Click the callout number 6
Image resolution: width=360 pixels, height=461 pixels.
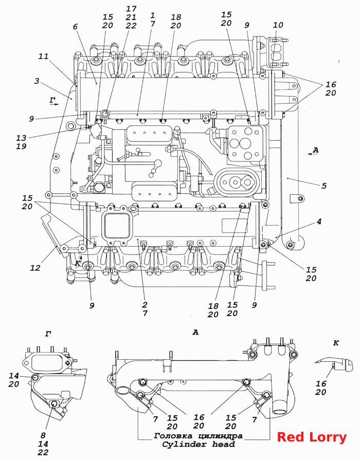tap(75, 26)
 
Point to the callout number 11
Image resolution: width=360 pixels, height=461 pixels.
tap(44, 56)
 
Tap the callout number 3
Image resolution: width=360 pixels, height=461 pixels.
tap(37, 81)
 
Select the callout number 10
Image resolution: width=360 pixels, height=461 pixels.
tap(278, 25)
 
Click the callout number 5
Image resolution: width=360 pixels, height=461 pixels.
tap(324, 186)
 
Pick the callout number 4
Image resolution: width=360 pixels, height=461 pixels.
tap(319, 222)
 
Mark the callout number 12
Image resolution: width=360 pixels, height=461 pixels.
tap(35, 268)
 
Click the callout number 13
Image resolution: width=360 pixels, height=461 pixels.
tap(21, 138)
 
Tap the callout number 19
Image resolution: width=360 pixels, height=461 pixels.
tap(21, 146)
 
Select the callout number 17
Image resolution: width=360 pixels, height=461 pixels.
tap(131, 9)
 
